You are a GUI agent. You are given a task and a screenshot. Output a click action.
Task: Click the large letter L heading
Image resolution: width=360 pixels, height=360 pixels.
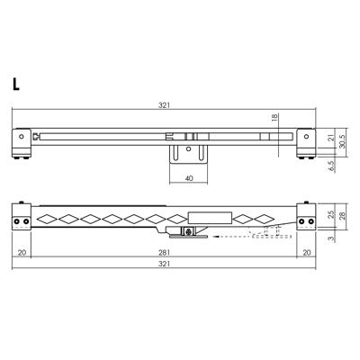point(15,84)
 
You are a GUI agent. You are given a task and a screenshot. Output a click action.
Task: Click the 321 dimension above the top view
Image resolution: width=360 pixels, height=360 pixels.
point(164,105)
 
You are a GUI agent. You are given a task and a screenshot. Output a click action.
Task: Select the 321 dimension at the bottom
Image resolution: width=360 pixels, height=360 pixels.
point(164,264)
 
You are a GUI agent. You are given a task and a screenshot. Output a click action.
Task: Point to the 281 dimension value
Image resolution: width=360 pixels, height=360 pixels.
point(164,253)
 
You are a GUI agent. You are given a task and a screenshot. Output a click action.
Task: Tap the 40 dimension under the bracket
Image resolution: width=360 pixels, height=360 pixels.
point(189,178)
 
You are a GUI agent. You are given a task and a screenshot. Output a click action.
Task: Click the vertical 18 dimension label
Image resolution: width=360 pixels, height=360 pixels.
point(274,117)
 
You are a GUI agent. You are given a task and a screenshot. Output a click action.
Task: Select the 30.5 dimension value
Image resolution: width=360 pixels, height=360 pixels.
point(342,141)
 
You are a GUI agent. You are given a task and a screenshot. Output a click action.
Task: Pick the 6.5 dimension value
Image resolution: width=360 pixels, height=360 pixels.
point(331,166)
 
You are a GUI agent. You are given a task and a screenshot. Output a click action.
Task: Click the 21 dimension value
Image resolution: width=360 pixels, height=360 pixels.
point(331,139)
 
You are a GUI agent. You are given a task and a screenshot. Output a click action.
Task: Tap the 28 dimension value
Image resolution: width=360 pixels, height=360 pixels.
point(342,215)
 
